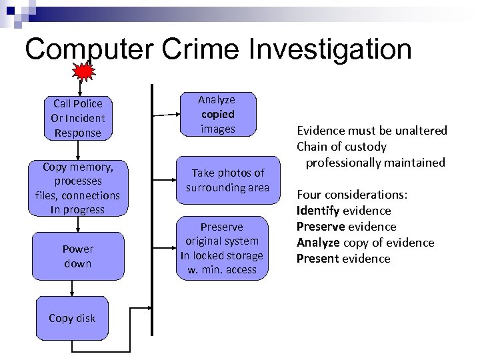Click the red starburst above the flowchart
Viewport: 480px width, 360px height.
(x=83, y=71)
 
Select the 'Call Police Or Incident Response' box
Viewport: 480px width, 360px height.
(x=78, y=118)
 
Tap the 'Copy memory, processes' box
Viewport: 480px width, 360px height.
(x=78, y=188)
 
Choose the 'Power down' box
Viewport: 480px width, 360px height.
(x=78, y=256)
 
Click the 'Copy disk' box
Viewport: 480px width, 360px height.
(x=72, y=318)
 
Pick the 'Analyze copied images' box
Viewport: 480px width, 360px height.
(x=217, y=114)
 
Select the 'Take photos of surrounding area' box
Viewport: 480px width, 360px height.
(x=227, y=180)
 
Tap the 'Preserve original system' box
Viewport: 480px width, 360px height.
(x=221, y=248)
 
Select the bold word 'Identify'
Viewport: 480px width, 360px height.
(x=318, y=211)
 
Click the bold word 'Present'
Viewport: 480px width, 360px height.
(x=317, y=259)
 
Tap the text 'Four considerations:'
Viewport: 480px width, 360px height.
(x=352, y=195)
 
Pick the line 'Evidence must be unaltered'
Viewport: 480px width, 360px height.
(x=371, y=131)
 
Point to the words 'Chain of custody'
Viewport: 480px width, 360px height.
(x=341, y=147)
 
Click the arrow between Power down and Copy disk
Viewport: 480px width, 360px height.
(x=72, y=287)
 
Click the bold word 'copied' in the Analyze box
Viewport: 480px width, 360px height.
(x=217, y=114)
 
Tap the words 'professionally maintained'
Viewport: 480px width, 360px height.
(x=375, y=163)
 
